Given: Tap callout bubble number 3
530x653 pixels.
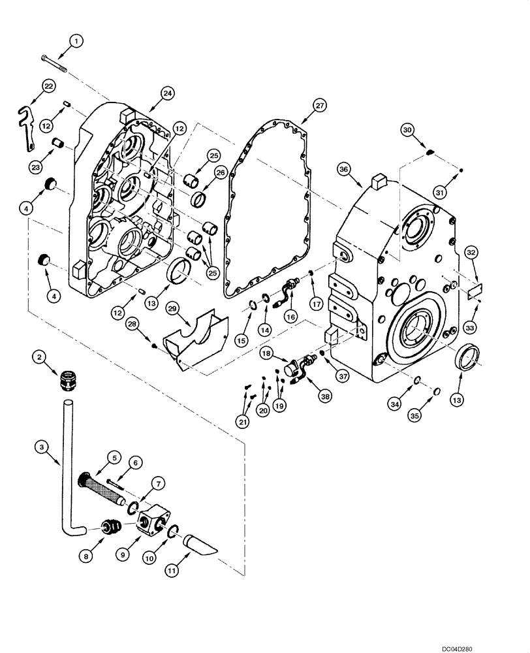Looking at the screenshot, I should coord(41,446).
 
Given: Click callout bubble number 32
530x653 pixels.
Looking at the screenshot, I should coord(472,253).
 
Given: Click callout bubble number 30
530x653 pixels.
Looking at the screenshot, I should coord(407,131).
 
